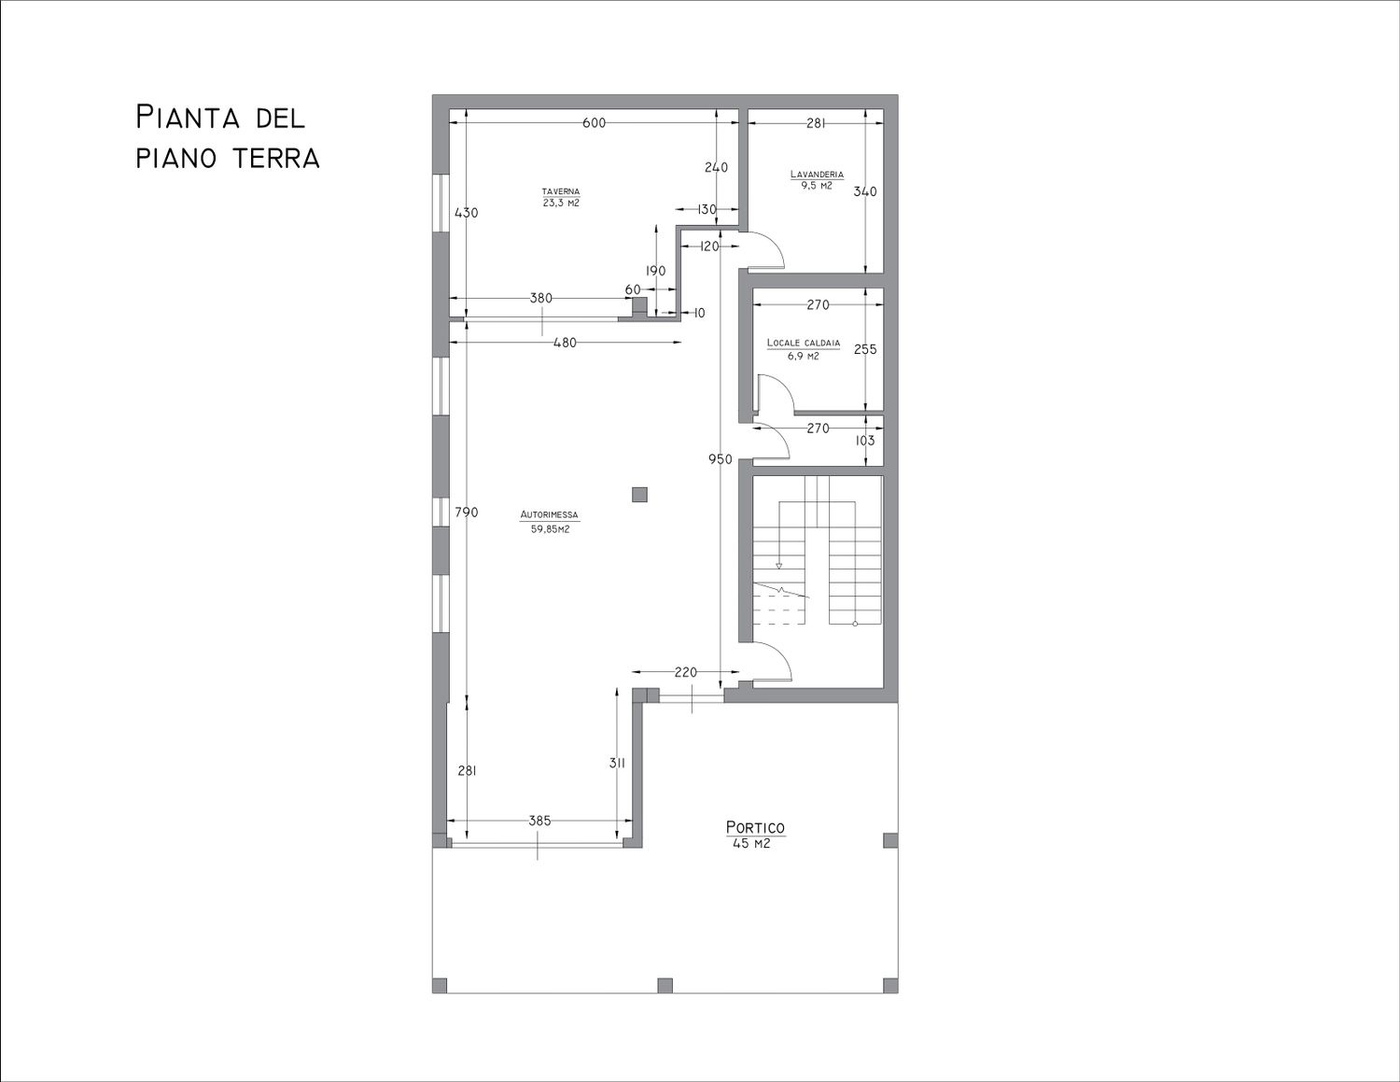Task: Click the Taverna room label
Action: click(561, 191)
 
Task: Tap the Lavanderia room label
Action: click(817, 174)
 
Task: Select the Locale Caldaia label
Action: click(804, 344)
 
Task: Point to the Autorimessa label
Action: click(549, 515)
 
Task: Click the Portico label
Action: click(755, 828)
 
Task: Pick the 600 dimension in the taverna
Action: click(594, 123)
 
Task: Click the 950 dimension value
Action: click(720, 459)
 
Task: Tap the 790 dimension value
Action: click(467, 513)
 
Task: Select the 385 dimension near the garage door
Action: click(539, 821)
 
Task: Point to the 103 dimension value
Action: click(864, 441)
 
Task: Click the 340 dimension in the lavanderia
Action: click(865, 191)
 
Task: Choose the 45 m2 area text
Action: click(751, 844)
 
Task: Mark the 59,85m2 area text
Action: click(550, 529)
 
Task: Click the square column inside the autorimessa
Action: click(639, 494)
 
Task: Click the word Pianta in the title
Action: click(189, 119)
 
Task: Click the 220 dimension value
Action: click(685, 673)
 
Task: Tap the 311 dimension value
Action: click(617, 763)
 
